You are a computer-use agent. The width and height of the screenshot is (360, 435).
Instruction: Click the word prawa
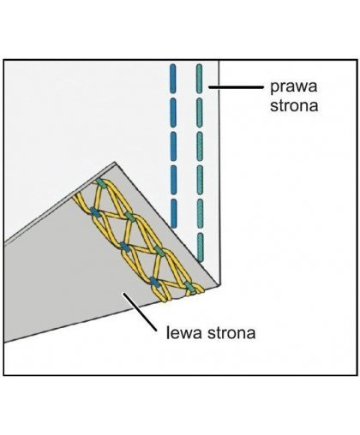coord(294,87)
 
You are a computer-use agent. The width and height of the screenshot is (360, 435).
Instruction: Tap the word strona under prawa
coord(294,105)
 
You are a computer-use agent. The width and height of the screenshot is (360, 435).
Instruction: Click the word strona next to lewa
coord(231,333)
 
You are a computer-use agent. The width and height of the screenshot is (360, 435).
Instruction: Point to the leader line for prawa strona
coord(236,87)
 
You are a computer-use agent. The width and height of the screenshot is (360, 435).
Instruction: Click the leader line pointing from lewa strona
coord(140,312)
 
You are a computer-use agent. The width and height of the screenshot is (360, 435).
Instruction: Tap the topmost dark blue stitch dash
coord(173,79)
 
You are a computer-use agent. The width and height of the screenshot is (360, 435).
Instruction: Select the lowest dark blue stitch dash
coord(173,213)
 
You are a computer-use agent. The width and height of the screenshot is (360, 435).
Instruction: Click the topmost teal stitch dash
coord(199,79)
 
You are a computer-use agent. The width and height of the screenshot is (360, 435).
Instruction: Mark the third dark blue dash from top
coord(173,146)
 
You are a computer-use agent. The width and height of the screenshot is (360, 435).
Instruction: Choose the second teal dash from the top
coord(200,112)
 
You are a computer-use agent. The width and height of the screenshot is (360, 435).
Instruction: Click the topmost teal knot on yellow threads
coord(100,183)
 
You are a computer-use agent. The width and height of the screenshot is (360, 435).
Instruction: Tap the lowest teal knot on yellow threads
coord(189,286)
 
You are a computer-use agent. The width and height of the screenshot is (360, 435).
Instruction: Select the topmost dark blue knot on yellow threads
coord(94,212)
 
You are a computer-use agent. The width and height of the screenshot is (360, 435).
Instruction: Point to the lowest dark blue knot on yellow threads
coord(154,282)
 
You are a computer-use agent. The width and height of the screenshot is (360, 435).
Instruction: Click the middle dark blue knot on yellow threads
coord(124,247)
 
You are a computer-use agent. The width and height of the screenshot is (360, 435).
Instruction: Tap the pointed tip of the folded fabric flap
coord(115,163)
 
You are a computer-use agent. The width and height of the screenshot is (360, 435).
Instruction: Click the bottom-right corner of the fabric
coord(219,284)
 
